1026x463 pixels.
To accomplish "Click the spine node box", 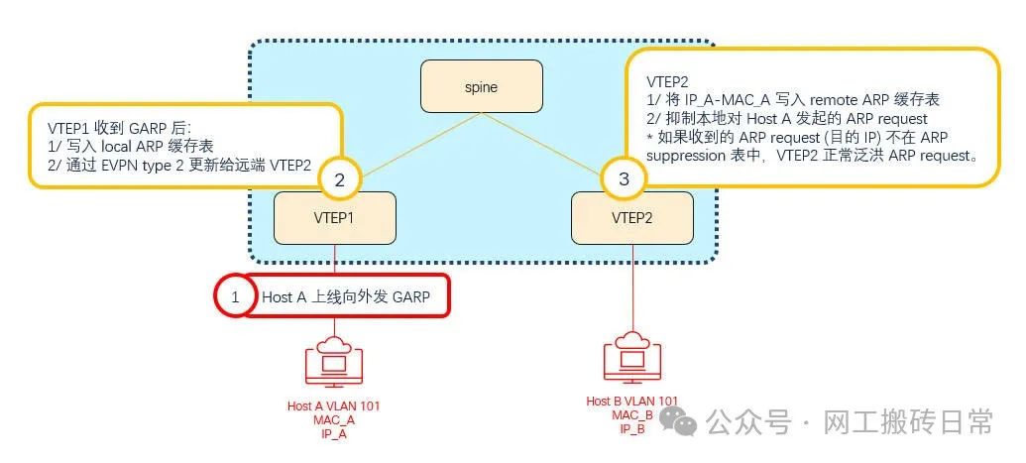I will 481,86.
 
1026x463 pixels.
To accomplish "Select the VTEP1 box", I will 335,217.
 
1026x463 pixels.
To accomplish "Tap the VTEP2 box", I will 630,217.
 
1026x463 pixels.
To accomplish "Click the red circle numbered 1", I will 236,296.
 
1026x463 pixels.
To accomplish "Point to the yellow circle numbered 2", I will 339,179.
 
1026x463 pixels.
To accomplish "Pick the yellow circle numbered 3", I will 623,179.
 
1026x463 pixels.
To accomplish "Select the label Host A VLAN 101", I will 333,406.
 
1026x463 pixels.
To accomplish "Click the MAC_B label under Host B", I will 632,415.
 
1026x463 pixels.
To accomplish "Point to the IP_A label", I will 333,433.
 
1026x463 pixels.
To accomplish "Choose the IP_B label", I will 632,428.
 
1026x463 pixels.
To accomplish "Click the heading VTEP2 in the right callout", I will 667,80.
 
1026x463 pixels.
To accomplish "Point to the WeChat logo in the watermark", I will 685,424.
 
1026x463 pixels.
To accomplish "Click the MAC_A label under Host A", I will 333,419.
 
